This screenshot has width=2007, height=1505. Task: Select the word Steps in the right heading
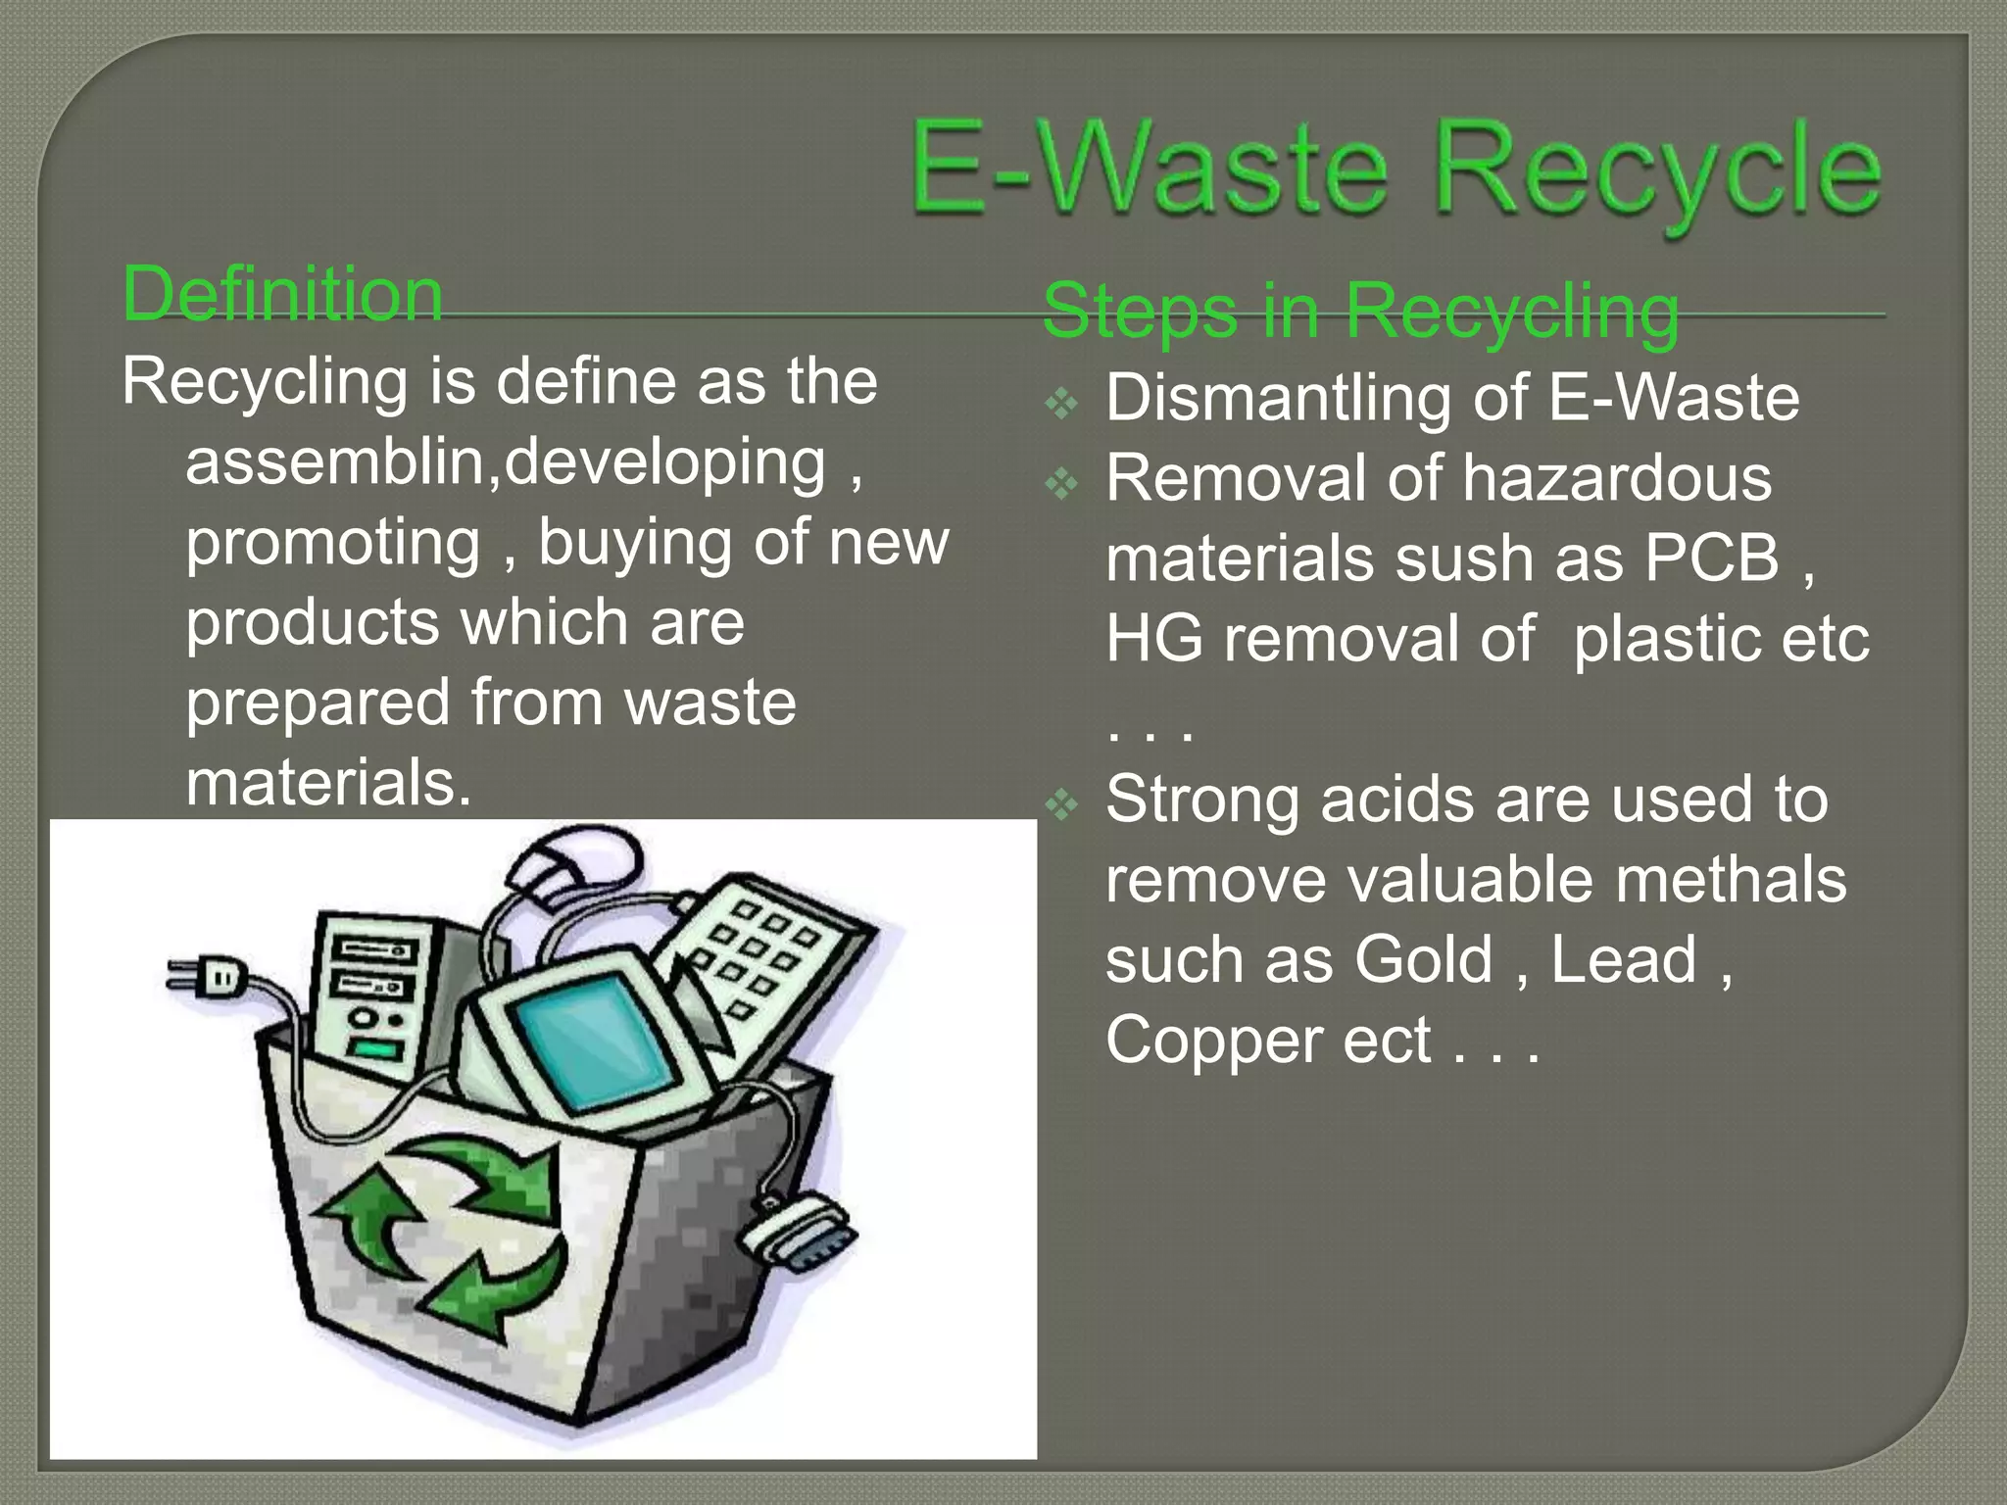pyautogui.click(x=1140, y=312)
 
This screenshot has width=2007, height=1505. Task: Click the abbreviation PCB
pyautogui.click(x=1710, y=558)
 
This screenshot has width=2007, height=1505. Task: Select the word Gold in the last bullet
pyautogui.click(x=1423, y=959)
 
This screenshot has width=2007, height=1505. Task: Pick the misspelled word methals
pyautogui.click(x=1730, y=879)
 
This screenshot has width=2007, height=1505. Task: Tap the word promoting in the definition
pyautogui.click(x=333, y=543)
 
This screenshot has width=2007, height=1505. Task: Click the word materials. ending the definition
pyautogui.click(x=328, y=784)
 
